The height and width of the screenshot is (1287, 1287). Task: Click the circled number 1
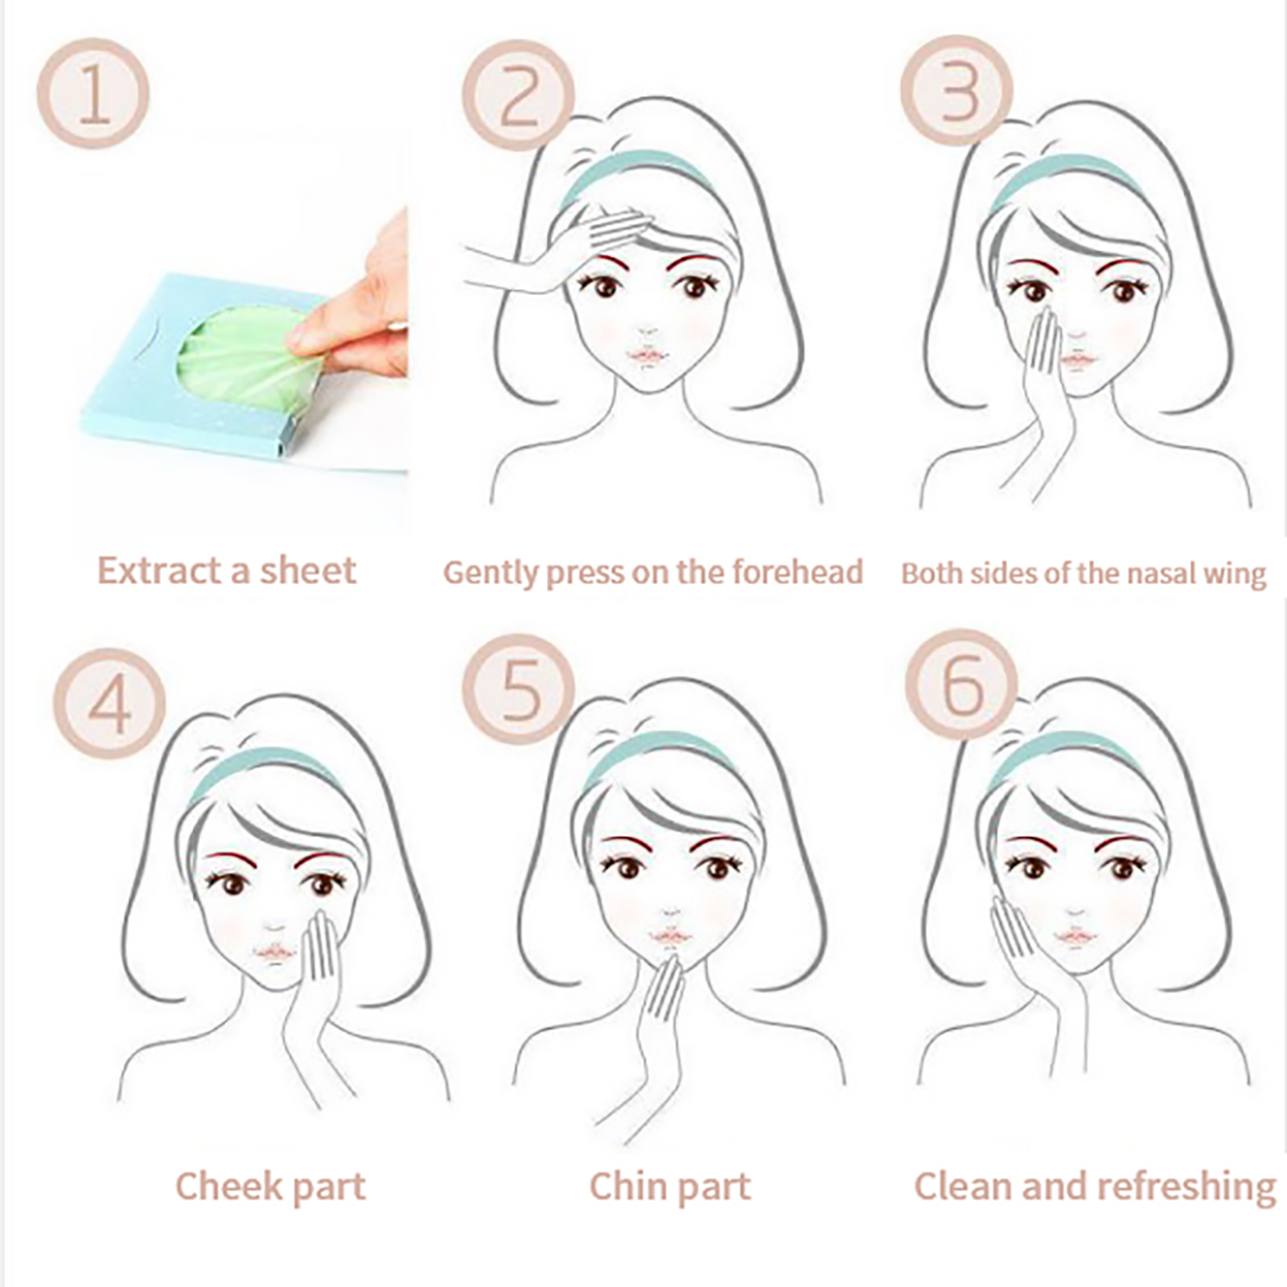(93, 93)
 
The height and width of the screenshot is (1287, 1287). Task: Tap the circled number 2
(518, 95)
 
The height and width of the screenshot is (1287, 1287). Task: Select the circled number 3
(957, 91)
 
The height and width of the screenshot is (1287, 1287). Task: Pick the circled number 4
(109, 703)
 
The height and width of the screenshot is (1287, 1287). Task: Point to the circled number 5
(520, 686)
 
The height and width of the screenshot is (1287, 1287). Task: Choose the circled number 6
(962, 685)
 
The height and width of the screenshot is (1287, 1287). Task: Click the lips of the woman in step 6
(1076, 936)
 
